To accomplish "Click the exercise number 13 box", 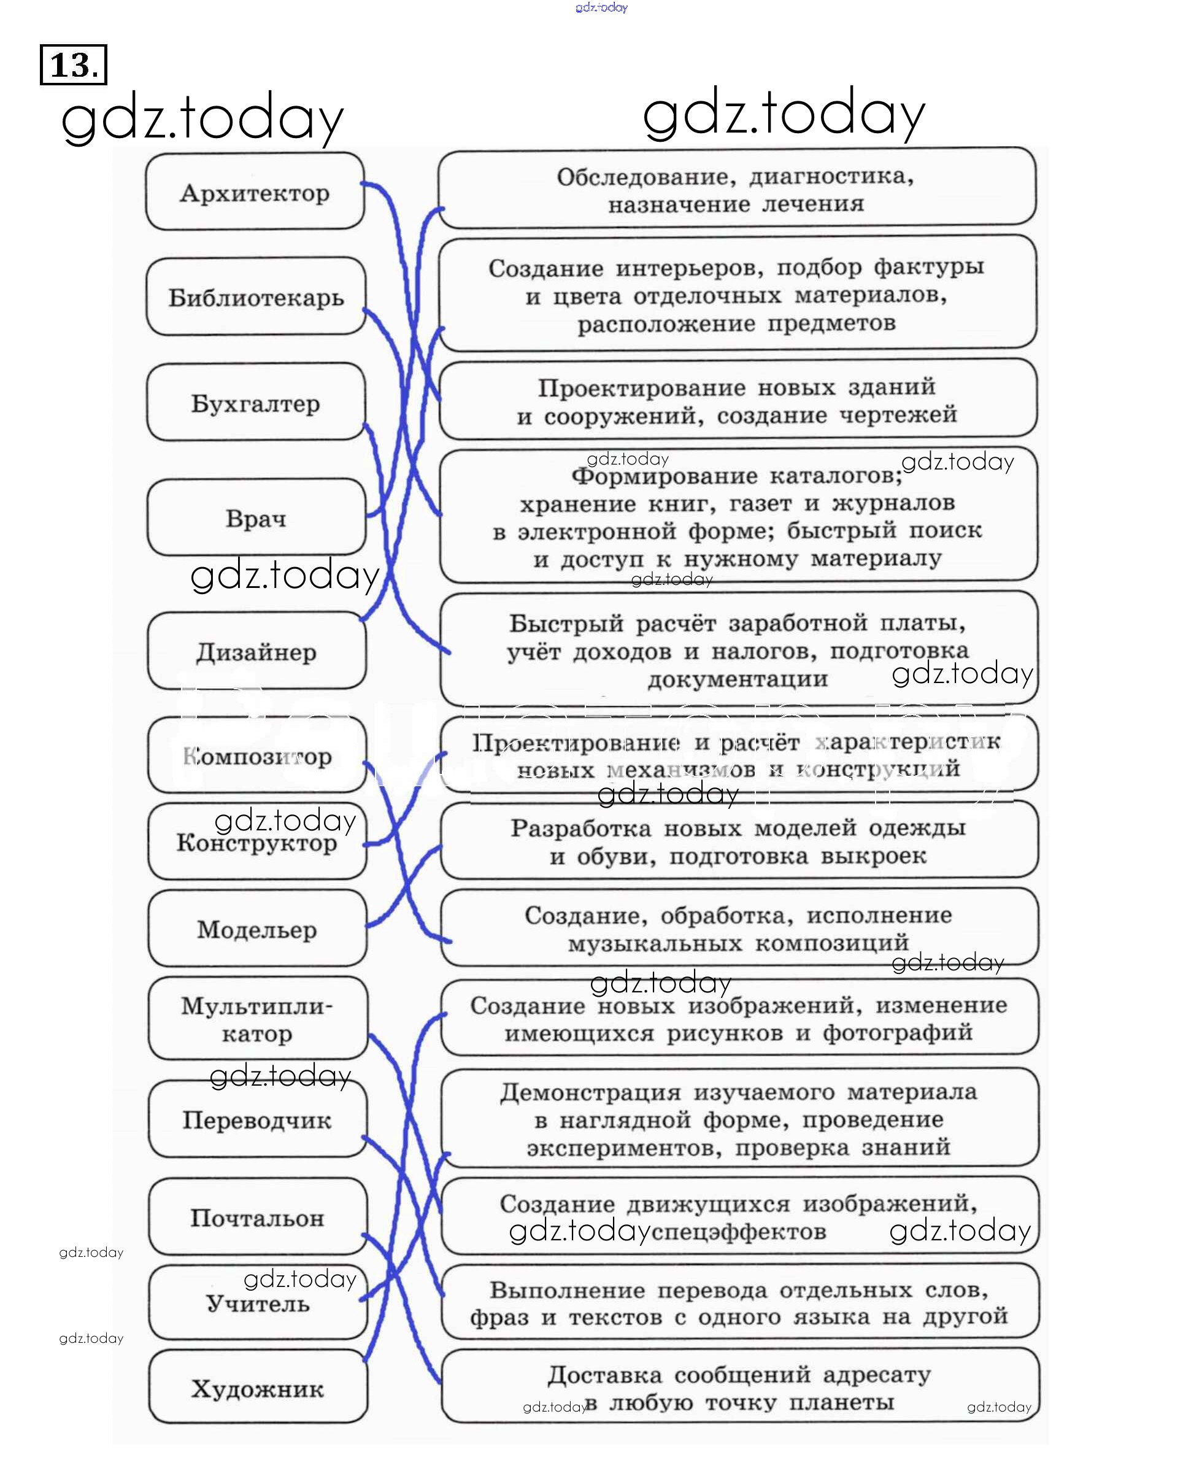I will point(74,64).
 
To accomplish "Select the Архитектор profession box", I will point(255,193).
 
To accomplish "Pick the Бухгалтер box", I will point(255,403).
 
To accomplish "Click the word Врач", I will point(255,518).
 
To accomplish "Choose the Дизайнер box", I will point(256,652).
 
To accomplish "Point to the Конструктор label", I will point(256,843).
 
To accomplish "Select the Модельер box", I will point(257,929).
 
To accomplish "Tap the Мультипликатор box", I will point(257,1019).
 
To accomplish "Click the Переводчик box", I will point(257,1120).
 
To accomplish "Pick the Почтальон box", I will point(257,1218).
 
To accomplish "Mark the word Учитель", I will point(258,1304).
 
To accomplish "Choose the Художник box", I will point(258,1388).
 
